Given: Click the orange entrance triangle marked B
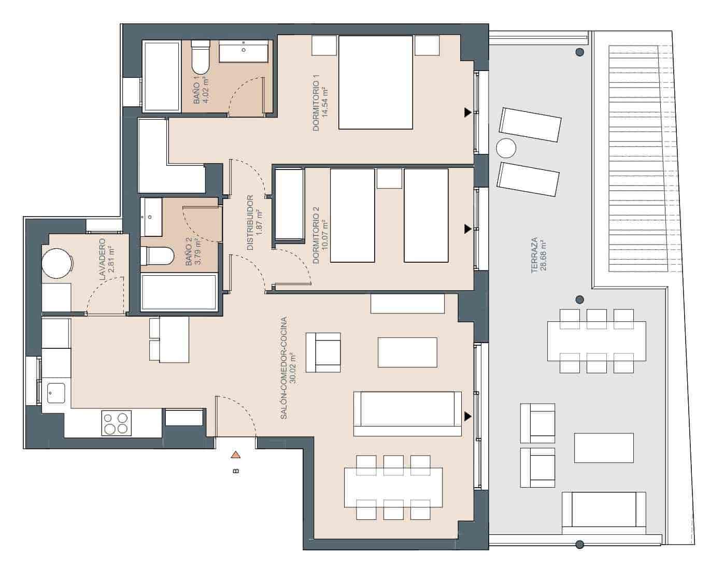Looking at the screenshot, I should pos(236,455).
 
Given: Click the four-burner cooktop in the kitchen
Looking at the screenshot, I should pos(117,422).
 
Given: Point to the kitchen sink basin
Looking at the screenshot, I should pos(54,393).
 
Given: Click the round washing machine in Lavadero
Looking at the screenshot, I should pos(56,264).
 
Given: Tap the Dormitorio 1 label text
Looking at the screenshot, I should pos(317,103).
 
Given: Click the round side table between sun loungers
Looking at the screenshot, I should pos(506,149).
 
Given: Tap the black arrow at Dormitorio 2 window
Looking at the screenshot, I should pos(468,228).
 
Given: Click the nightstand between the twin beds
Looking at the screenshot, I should pos(390,179).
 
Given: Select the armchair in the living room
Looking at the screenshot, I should pos(323,352).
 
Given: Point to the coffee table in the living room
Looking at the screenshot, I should pos(407,352).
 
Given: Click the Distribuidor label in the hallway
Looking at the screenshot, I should pos(250,222).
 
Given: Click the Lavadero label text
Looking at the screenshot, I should pos(102,260).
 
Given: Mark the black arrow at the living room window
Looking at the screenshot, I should pos(468,416).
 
